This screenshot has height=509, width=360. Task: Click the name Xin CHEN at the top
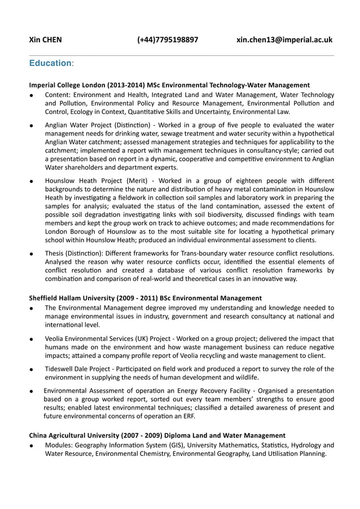(x=46, y=40)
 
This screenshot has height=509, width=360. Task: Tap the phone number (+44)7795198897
(x=168, y=40)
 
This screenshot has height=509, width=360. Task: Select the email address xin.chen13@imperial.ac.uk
(x=284, y=40)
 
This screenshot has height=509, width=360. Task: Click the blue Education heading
(x=51, y=64)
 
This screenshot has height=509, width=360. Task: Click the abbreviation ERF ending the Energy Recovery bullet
(x=187, y=417)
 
